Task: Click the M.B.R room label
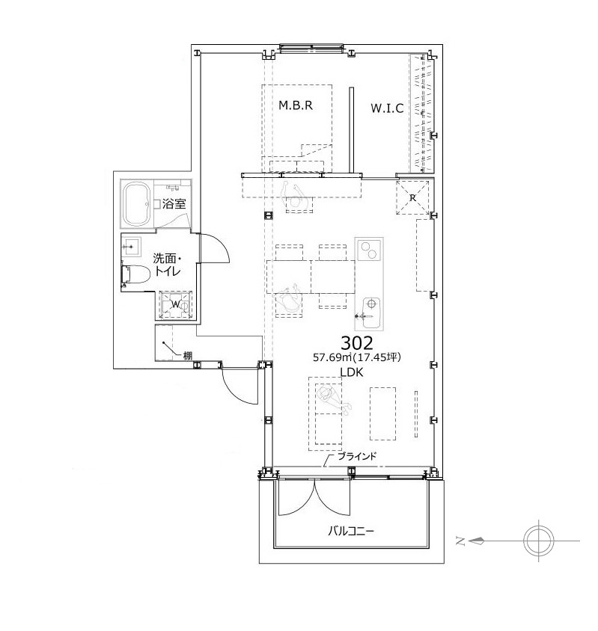[296, 105]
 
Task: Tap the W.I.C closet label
[387, 108]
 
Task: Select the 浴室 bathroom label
[174, 203]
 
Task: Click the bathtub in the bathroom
[137, 204]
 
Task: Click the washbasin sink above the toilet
[131, 246]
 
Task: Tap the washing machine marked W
[176, 304]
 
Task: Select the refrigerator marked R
[412, 197]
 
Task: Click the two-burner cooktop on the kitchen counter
[369, 250]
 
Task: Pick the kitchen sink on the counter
[370, 313]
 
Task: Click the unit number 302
[356, 343]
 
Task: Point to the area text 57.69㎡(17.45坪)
[356, 357]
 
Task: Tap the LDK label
[351, 372]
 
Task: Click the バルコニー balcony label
[350, 532]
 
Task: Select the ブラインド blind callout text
[357, 456]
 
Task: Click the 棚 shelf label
[188, 355]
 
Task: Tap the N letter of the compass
[460, 541]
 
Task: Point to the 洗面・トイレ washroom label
[167, 265]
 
